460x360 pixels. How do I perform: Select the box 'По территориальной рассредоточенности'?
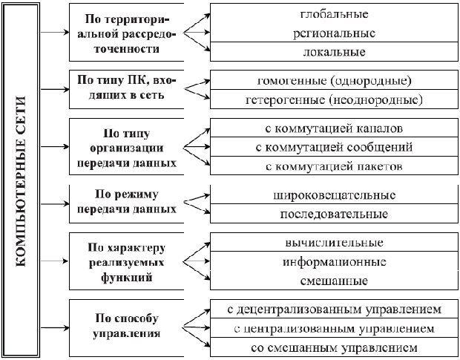[124, 33]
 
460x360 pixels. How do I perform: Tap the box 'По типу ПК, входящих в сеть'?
[124, 88]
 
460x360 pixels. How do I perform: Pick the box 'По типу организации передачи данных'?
[124, 145]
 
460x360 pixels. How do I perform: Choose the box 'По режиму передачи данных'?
[124, 201]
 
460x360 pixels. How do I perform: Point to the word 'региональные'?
[333, 33]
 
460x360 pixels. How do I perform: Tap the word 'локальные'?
[333, 53]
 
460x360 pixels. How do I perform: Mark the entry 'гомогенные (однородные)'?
[333, 80]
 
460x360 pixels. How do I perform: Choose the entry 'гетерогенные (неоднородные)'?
[333, 99]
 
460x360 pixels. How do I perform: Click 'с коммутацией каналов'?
[333, 128]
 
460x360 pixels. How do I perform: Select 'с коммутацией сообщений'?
[333, 147]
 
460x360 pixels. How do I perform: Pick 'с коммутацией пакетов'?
[333, 166]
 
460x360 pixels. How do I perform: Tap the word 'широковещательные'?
[333, 195]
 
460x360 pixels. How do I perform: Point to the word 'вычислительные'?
[333, 243]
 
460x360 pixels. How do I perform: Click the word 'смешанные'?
[333, 281]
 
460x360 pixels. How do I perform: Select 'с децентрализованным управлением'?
[333, 308]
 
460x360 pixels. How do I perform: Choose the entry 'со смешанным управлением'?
[333, 347]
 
